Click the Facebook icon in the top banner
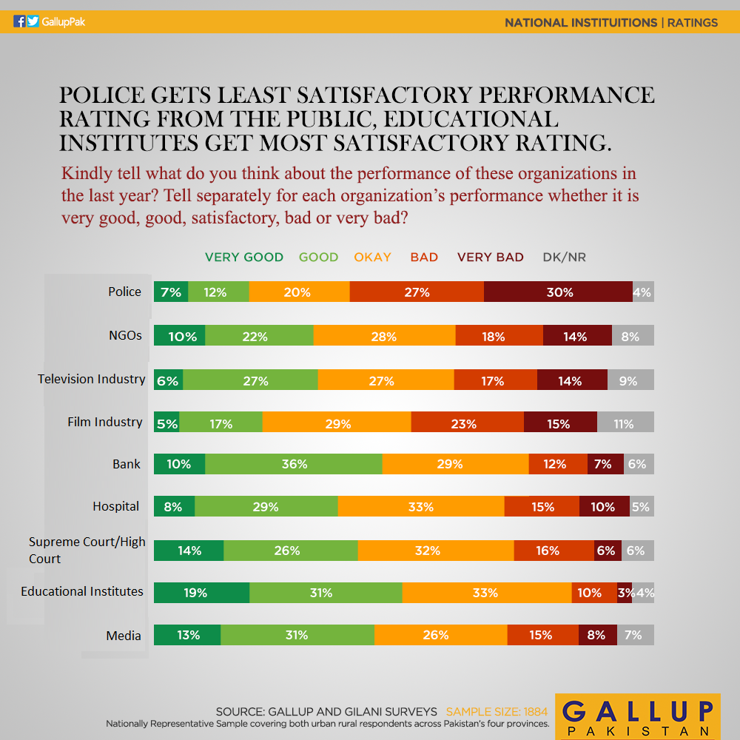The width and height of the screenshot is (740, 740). point(19,21)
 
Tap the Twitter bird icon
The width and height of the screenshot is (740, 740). point(33,21)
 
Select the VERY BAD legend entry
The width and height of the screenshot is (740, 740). point(491,258)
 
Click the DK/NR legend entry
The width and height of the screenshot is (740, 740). point(565,258)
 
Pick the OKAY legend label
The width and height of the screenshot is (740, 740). point(372,258)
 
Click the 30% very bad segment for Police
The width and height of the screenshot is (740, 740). point(558,292)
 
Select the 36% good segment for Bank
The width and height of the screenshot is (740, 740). point(294,464)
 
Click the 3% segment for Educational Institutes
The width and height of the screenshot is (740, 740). point(625,593)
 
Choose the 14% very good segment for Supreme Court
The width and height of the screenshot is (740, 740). point(189,551)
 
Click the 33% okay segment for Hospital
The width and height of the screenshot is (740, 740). point(421,506)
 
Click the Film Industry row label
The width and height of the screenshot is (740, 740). point(105,422)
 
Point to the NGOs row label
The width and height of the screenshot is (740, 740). point(125,335)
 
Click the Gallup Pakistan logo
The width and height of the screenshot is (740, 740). point(638,716)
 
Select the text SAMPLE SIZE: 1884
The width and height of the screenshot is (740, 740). point(497,711)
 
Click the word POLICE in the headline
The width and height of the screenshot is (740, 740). point(101,95)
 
